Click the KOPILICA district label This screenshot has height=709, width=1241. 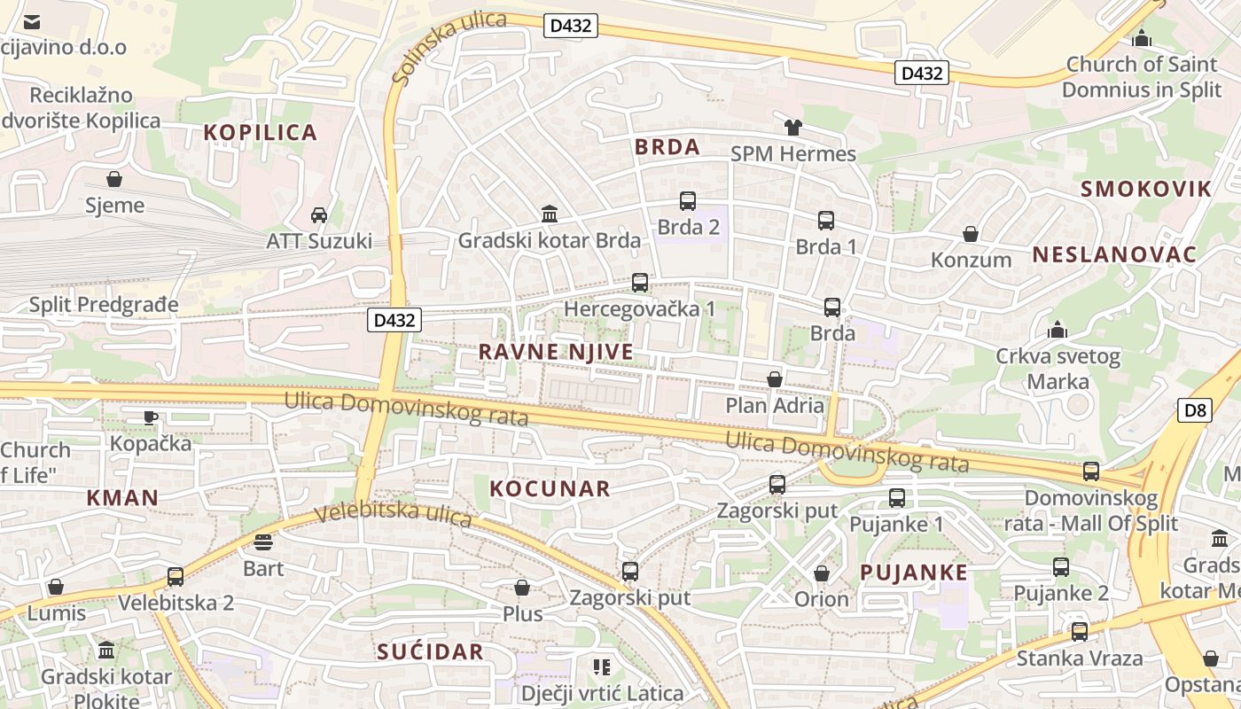(x=260, y=133)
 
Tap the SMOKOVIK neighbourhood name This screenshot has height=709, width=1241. (x=1145, y=188)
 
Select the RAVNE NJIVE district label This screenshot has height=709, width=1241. (x=556, y=352)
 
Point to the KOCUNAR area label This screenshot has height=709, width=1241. (x=550, y=488)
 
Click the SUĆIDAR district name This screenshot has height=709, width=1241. (x=430, y=652)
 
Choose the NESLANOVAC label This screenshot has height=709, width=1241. (x=1114, y=255)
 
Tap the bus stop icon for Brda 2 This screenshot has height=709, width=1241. (x=688, y=201)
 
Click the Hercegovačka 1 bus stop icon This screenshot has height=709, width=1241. (x=640, y=283)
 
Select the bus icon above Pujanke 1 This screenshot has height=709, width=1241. (x=897, y=498)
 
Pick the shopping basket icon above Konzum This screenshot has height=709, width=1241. (x=971, y=234)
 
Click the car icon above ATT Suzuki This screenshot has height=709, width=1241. (x=319, y=214)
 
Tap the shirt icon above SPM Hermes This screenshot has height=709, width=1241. (x=792, y=128)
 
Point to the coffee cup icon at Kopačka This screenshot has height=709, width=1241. (x=151, y=417)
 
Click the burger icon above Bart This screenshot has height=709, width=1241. (x=263, y=541)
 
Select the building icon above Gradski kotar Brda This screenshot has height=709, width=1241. (x=549, y=214)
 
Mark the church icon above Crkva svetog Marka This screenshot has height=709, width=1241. (x=1057, y=331)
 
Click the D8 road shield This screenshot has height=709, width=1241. (x=1195, y=409)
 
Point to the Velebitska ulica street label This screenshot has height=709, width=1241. (x=393, y=514)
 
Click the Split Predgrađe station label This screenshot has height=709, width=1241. (x=104, y=305)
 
